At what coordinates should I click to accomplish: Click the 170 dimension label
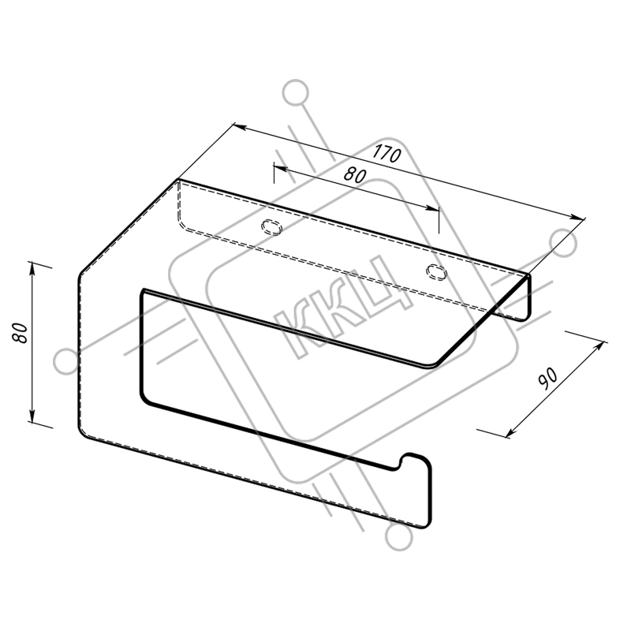click(x=386, y=154)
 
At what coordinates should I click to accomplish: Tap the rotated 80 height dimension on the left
click(x=21, y=332)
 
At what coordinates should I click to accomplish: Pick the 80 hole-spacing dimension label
click(x=356, y=175)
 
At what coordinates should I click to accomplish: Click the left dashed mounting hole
click(x=271, y=227)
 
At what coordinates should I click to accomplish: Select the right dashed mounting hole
click(x=437, y=272)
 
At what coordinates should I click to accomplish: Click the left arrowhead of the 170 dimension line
click(x=240, y=127)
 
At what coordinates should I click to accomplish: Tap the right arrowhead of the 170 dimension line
click(x=577, y=217)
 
